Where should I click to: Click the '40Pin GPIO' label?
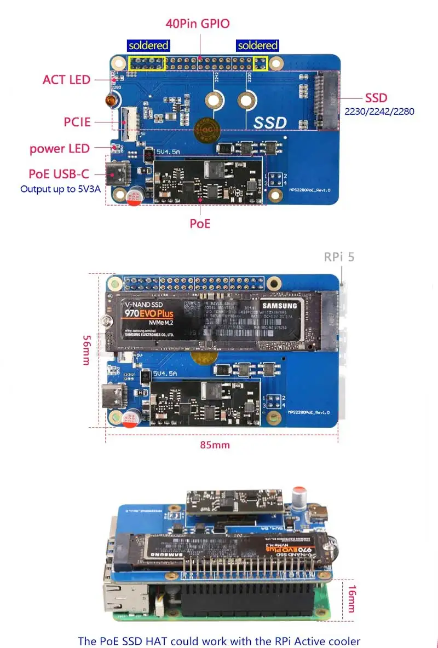click(x=198, y=24)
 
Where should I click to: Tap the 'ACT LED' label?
click(x=66, y=80)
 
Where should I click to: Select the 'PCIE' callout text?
click(x=77, y=121)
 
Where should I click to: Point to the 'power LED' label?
click(x=60, y=148)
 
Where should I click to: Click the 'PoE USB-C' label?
click(x=59, y=174)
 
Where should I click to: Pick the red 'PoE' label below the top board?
click(x=200, y=223)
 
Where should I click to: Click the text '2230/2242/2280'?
click(x=379, y=112)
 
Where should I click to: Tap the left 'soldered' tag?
click(x=148, y=45)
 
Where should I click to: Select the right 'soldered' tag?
click(x=258, y=45)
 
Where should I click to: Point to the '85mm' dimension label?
click(x=215, y=445)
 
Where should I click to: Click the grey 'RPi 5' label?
click(x=339, y=256)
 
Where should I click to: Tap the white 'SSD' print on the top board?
click(x=270, y=123)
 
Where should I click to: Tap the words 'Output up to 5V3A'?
click(x=60, y=189)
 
